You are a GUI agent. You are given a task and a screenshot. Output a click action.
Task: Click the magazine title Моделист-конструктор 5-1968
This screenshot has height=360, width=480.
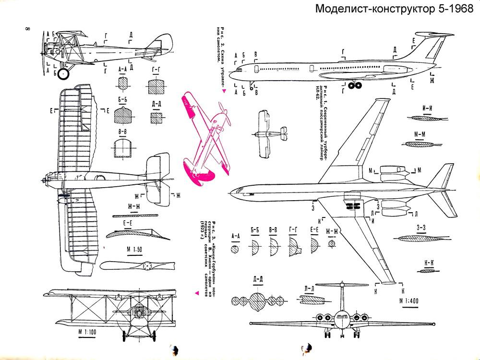pos(396,9)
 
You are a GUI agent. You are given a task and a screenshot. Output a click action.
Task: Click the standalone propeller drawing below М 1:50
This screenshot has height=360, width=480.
pos(136,265)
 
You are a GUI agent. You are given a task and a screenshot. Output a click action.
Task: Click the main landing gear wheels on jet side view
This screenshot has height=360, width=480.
pos(356,86)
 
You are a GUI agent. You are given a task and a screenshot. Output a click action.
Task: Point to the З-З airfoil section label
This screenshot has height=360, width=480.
pos(421,228)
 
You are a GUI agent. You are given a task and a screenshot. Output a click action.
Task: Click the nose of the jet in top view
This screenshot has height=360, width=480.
pos(232,192)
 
